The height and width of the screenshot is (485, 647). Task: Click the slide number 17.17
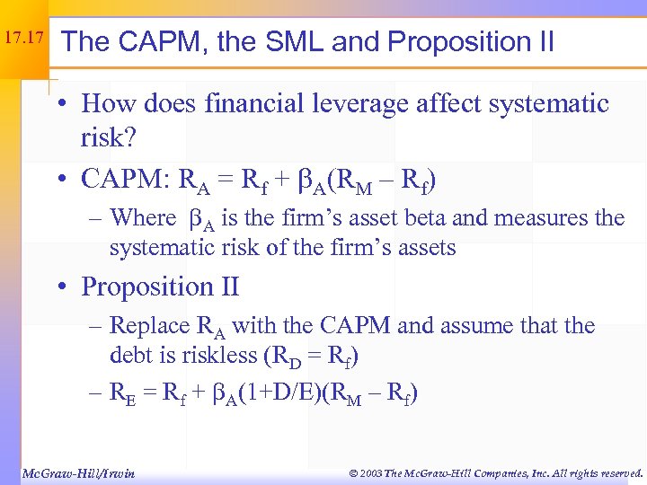(23, 40)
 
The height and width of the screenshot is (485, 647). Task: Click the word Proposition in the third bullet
(146, 287)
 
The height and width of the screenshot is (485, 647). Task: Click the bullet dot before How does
(66, 104)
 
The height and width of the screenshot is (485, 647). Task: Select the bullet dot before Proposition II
(66, 287)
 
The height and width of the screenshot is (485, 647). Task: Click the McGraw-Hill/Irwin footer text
(77, 472)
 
